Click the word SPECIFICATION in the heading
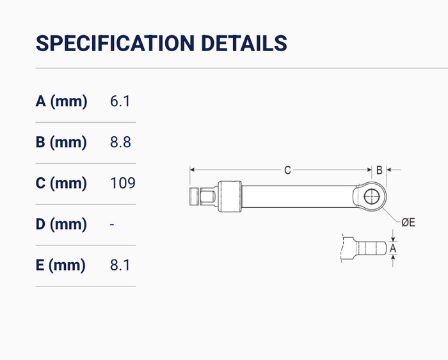click(115, 43)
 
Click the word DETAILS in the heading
click(244, 43)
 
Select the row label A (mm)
click(61, 101)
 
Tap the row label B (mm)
click(61, 142)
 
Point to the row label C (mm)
click(61, 183)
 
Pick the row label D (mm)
click(61, 224)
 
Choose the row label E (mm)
click(61, 265)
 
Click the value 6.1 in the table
click(120, 101)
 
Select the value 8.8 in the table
click(120, 142)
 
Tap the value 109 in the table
click(123, 183)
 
